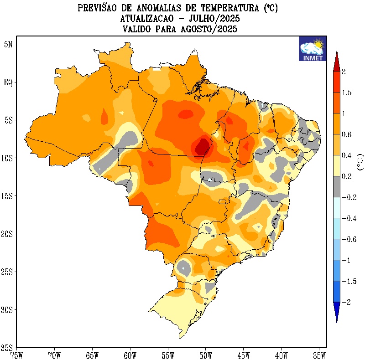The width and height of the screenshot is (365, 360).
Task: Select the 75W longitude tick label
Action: tap(16, 354)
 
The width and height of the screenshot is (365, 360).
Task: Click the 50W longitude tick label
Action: tap(205, 354)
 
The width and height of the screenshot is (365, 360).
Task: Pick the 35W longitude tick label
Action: tap(319, 354)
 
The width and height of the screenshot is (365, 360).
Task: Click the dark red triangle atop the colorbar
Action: tap(336, 62)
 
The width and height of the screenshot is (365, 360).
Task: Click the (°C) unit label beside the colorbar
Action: tap(360, 161)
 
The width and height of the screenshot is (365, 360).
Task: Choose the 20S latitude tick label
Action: tap(8, 234)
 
